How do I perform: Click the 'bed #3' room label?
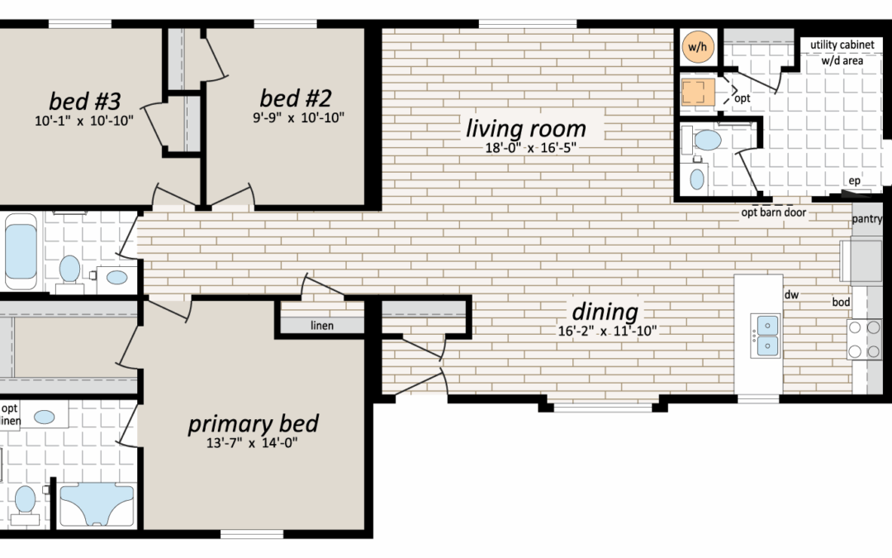click(85, 101)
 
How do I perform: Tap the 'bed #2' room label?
click(295, 98)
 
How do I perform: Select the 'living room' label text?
click(525, 128)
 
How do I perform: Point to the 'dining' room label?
click(605, 312)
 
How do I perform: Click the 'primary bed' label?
click(254, 423)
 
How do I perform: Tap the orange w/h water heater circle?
click(697, 46)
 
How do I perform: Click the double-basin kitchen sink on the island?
click(765, 336)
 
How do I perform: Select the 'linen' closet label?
click(322, 326)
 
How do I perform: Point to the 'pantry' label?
click(867, 218)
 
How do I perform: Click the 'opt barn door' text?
click(774, 212)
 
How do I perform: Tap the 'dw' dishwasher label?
click(791, 294)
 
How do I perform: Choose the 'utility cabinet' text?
click(842, 45)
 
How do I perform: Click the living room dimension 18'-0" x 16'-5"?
click(530, 147)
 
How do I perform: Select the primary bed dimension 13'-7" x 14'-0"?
click(251, 442)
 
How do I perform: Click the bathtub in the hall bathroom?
click(21, 251)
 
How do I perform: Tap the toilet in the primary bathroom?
click(25, 504)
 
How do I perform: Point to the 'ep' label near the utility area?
click(855, 180)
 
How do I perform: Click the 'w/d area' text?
click(842, 60)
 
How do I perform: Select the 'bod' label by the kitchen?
click(841, 302)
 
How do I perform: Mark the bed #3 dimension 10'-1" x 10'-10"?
click(84, 120)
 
